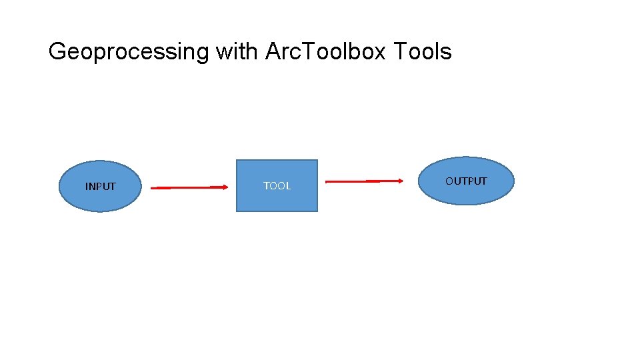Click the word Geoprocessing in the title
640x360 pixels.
129,51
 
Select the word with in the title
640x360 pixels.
236,51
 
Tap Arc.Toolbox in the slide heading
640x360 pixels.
325,51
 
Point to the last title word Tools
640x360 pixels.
423,51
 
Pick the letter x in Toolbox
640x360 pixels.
379,53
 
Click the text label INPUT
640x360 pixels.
100,187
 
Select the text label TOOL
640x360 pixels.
277,186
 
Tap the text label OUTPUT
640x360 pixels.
466,181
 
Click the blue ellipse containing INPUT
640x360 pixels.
100,200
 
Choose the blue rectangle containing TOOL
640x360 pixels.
277,200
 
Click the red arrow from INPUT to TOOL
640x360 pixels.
189,188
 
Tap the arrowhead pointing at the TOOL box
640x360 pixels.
225,187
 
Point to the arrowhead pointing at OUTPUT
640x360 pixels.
400,181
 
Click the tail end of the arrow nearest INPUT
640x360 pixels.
153,189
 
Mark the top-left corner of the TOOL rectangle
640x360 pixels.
237,160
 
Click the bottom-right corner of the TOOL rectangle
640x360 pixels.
317,211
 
